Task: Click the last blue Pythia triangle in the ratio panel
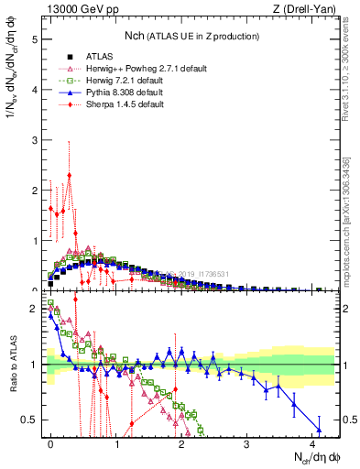pyautogui.click(x=320, y=431)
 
